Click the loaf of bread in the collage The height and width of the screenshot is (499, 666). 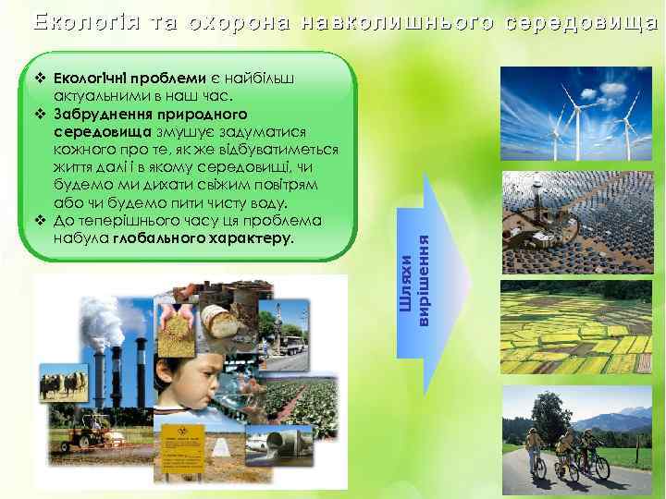[x=227, y=320]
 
